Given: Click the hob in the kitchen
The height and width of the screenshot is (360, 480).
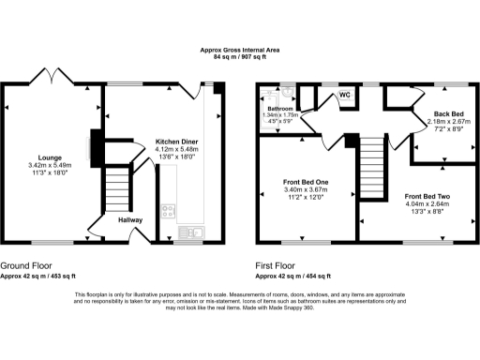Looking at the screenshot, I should pyautogui.click(x=170, y=214).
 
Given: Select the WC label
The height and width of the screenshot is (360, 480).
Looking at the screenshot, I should pyautogui.click(x=344, y=96).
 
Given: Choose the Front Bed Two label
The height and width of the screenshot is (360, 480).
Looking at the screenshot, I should pyautogui.click(x=427, y=196).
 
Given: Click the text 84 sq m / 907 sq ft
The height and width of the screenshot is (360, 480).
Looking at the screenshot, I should pyautogui.click(x=239, y=58).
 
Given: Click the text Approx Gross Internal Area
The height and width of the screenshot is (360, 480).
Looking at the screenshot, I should pyautogui.click(x=239, y=50).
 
